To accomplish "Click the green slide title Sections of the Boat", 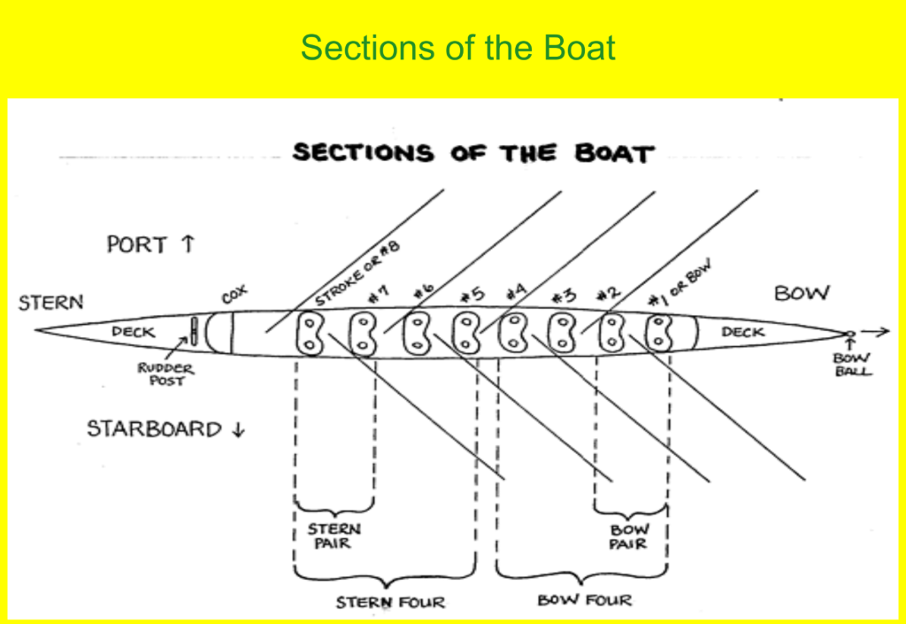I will pos(457,48).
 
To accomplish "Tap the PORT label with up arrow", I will pos(150,244).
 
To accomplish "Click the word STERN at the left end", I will pos(51,303).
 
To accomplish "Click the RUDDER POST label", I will pos(166,374).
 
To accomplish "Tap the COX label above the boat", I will pos(234,295).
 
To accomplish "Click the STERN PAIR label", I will pos(334,535).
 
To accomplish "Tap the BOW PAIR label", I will pos(629,536).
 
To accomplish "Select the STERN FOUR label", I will pos(390,603).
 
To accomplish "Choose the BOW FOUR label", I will pos(585,600).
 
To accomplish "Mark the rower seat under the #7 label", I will pos(361,334).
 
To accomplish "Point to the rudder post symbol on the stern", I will pos(193,332).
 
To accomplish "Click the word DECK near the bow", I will pos(742,332).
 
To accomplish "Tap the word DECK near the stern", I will pos(133,333).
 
